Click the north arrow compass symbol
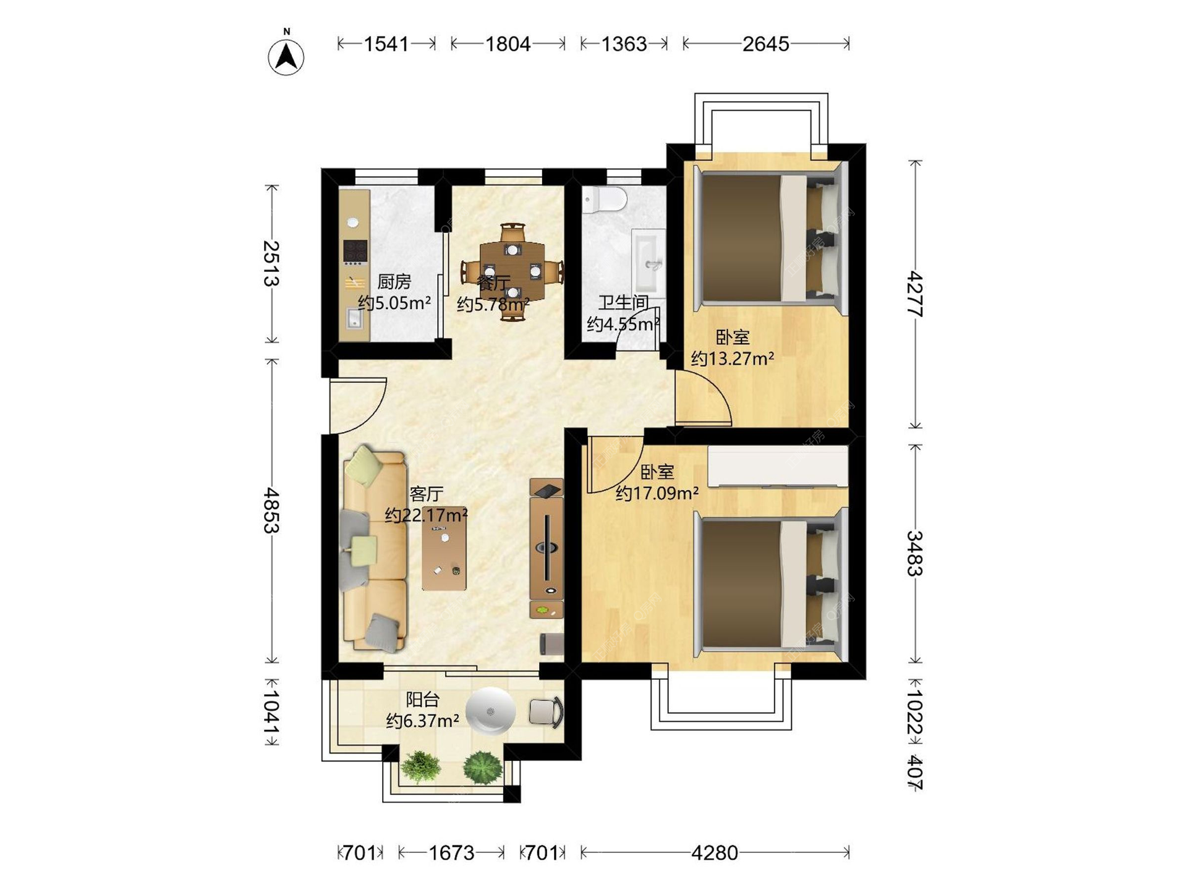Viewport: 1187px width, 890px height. (x=286, y=56)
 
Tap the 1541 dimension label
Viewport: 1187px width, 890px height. (x=386, y=44)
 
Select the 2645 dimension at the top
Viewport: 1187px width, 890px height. (x=765, y=44)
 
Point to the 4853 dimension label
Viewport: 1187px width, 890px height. (x=271, y=511)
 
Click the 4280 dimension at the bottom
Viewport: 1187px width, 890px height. (x=715, y=853)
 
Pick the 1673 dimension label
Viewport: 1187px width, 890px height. (x=451, y=853)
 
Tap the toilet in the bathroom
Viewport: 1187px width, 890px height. (x=605, y=199)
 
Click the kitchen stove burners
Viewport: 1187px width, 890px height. (x=355, y=252)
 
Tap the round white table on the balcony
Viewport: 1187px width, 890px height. (x=490, y=711)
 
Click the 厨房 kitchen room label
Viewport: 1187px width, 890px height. (x=394, y=282)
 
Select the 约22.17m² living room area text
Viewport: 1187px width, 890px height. (x=426, y=515)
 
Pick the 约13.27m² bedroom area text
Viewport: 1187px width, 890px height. (x=733, y=358)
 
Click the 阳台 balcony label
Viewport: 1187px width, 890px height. (x=422, y=700)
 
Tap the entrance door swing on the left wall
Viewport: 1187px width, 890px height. (x=357, y=405)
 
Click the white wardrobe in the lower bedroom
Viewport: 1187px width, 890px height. (x=778, y=466)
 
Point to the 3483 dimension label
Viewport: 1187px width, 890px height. (x=915, y=553)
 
